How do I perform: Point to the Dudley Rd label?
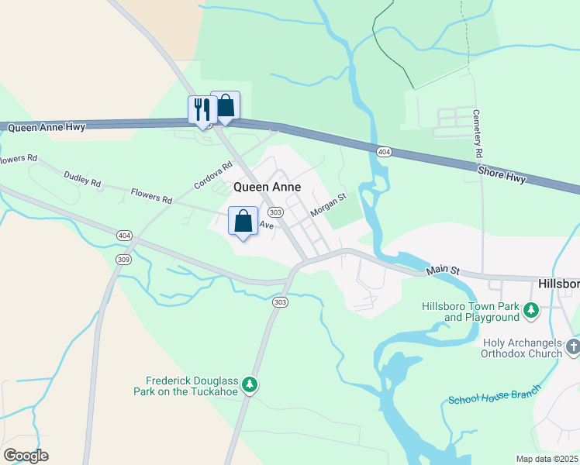[x=82, y=181]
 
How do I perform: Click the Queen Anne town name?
[x=268, y=187]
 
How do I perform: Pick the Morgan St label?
[x=326, y=205]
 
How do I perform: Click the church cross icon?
[x=573, y=346]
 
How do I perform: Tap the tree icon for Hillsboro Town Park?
[x=531, y=311]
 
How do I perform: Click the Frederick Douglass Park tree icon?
[x=250, y=384]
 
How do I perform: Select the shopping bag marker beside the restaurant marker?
[x=226, y=105]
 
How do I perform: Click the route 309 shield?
[x=123, y=258]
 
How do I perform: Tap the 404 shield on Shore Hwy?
[x=383, y=152]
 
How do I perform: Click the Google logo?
[x=26, y=456]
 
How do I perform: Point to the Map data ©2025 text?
[x=546, y=459]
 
